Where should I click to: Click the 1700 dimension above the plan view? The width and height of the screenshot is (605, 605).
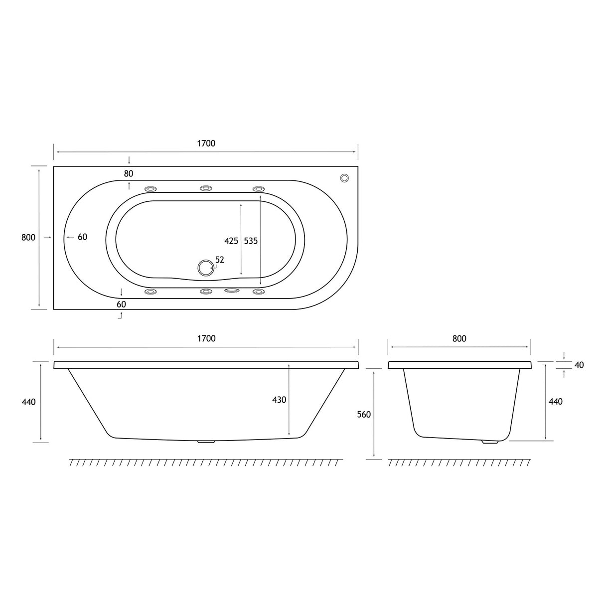pos(206,144)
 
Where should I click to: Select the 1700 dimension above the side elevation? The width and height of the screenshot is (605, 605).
pos(206,338)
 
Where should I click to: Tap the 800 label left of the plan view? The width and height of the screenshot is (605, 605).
pos(28,237)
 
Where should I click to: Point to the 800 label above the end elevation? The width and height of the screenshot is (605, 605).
pos(459,338)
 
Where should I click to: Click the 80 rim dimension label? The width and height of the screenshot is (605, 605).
pos(129,173)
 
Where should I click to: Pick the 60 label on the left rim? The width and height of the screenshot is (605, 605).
pos(82,237)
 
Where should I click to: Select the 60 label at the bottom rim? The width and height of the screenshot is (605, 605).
pos(121,304)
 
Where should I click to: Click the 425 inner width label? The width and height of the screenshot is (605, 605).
pos(231,241)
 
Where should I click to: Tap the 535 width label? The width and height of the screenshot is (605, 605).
pos(251,241)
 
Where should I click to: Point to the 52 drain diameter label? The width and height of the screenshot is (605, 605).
pos(220,260)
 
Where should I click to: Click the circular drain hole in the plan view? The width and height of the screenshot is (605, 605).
pos(205,268)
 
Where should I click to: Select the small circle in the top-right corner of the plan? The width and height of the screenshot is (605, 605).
pos(344,178)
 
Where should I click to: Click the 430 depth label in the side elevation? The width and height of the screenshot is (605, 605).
pos(279,400)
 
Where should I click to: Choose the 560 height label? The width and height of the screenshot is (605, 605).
pos(364,415)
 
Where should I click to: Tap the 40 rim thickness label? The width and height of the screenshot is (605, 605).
pos(579,365)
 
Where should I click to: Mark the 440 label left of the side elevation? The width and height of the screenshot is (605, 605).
pos(28,402)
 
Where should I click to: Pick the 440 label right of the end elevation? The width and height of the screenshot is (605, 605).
pos(555,402)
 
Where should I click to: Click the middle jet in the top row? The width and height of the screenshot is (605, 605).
pos(206,188)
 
